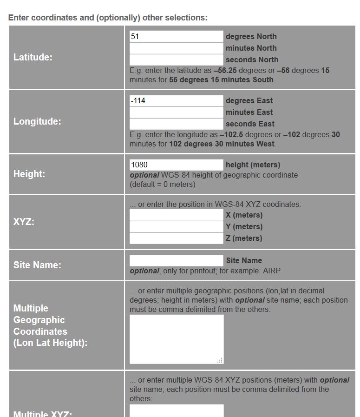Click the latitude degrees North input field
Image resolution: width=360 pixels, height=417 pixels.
(176, 36)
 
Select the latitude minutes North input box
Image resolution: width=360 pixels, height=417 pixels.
(176, 48)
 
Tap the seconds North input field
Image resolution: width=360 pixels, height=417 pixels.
(176, 60)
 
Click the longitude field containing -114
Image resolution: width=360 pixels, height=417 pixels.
(176, 100)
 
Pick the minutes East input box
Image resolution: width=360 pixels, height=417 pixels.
(176, 112)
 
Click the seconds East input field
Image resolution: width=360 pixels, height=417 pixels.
(176, 124)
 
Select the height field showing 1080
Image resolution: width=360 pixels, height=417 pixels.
(176, 165)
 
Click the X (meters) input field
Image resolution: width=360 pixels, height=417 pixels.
(176, 215)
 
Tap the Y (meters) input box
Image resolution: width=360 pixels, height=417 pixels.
(176, 226)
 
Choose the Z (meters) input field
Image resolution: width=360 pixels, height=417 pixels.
(176, 238)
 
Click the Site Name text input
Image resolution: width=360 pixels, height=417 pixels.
(176, 260)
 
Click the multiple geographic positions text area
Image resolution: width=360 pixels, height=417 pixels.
(176, 339)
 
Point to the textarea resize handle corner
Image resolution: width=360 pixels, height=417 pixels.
(220, 360)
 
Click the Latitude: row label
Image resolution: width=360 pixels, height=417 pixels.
(33, 57)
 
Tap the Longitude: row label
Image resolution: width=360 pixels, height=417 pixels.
(37, 121)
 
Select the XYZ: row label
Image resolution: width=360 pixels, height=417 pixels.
(24, 222)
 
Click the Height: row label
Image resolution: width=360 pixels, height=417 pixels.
(29, 174)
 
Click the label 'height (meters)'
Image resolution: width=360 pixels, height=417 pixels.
(253, 165)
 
